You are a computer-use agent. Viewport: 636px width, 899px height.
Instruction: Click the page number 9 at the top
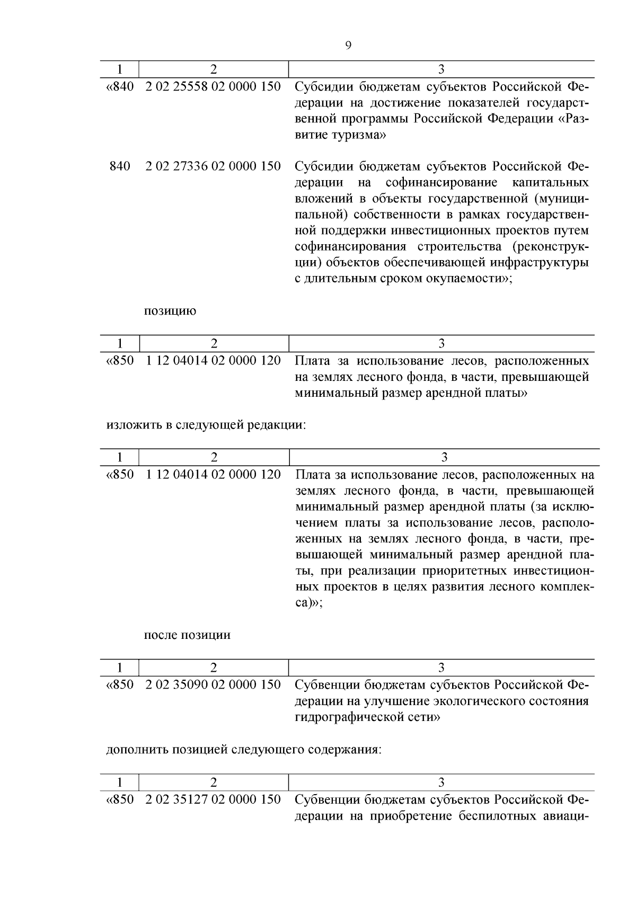coord(348,46)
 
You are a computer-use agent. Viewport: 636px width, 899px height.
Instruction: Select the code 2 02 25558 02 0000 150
coord(213,86)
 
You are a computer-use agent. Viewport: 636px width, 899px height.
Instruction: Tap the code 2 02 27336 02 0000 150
coord(213,166)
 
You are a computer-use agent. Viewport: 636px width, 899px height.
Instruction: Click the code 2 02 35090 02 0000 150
coord(213,685)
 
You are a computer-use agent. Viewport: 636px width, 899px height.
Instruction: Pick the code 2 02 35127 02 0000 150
coord(213,799)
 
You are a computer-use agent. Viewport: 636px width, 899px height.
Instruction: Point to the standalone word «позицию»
coord(170,311)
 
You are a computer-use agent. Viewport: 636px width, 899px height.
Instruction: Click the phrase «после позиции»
coord(187,635)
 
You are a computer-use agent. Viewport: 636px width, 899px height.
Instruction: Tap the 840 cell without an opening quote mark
coord(120,166)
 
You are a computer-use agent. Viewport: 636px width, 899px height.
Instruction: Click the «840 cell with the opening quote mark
coord(120,86)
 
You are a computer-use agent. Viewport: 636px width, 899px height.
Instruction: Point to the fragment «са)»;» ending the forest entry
coord(308,603)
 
